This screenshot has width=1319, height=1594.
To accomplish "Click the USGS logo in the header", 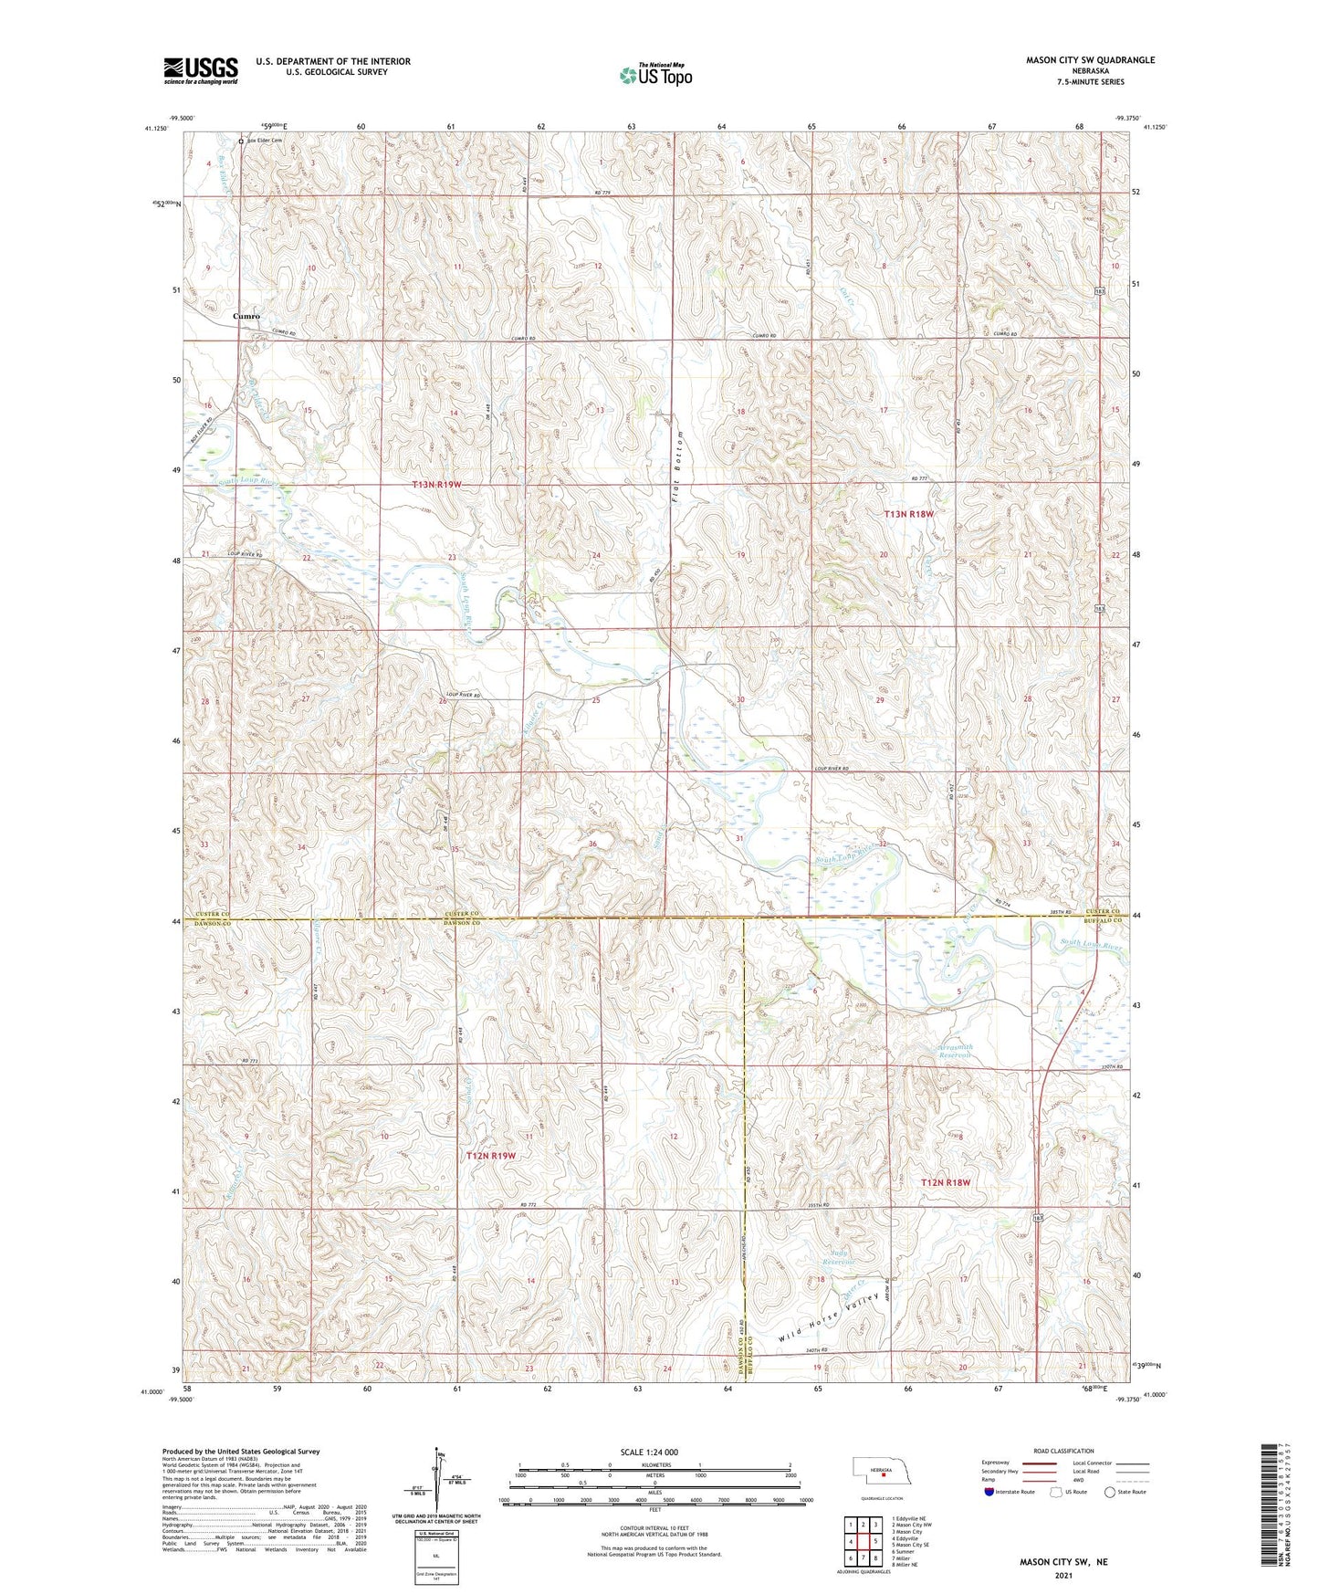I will coord(201,69).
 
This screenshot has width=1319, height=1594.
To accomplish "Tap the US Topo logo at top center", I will coord(654,75).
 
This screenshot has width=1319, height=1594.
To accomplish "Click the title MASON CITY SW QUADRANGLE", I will coord(1090,60).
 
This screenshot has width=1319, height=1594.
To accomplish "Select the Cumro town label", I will coord(246,316).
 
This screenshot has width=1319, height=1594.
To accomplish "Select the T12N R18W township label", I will coord(945,1182).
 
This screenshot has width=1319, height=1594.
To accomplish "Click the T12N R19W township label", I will coord(491,1156).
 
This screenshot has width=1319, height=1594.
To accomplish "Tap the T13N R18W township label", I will coord(909,514).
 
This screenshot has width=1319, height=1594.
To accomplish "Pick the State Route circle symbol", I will coord(1110,1492).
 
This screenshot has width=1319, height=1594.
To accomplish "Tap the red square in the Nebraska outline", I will coord(884,1472).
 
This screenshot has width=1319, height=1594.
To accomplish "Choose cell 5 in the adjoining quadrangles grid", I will coord(874,1541).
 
